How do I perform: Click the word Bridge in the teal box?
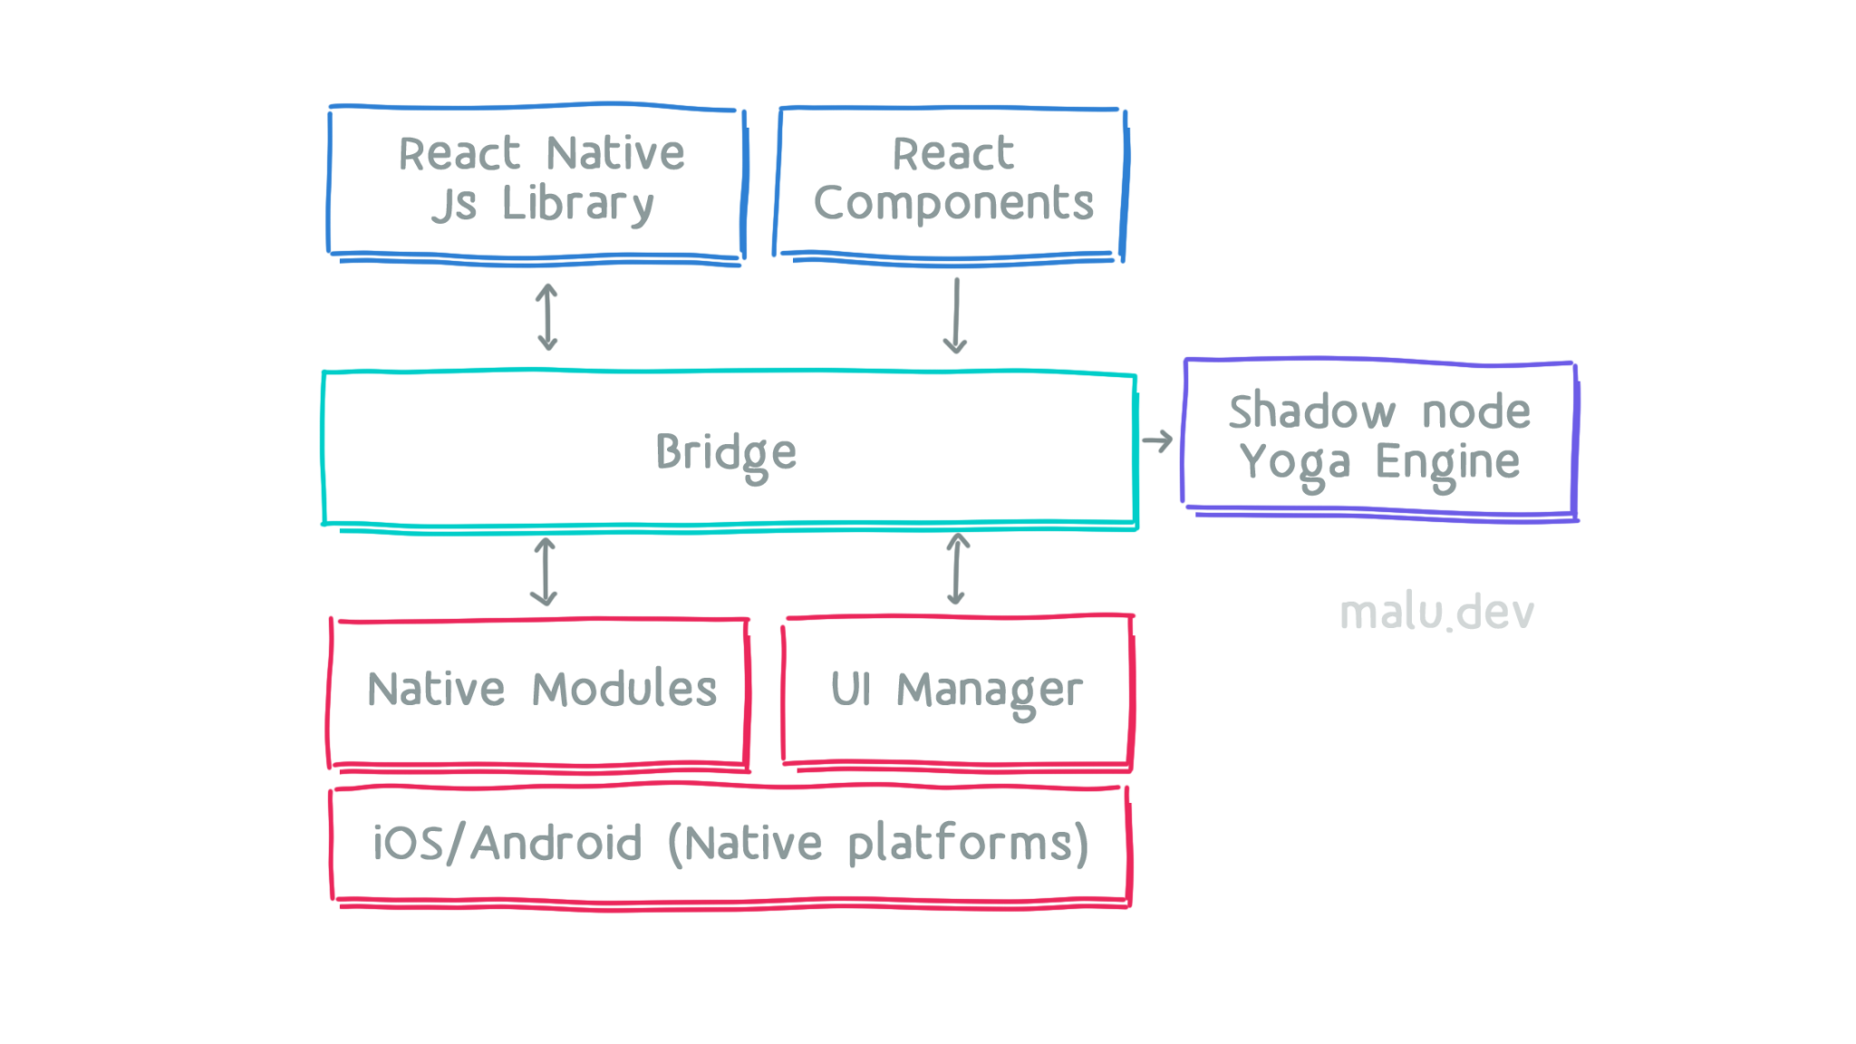tap(726, 452)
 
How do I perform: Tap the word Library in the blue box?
tap(577, 204)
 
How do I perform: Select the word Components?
tap(953, 204)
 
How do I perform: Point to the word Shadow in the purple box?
tap(1311, 411)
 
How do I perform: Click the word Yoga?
tap(1295, 463)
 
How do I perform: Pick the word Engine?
tap(1447, 463)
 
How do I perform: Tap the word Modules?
tap(623, 690)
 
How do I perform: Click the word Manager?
tap(990, 691)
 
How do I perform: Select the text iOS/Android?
tap(507, 844)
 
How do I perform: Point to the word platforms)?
tap(968, 845)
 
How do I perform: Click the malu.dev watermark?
tap(1437, 614)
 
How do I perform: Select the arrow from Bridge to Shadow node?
tap(1157, 441)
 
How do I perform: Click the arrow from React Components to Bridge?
tap(955, 316)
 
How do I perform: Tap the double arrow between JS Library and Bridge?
tap(547, 316)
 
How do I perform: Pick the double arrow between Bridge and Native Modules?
tap(544, 571)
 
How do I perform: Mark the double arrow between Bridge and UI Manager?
tap(957, 569)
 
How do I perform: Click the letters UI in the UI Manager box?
tap(850, 690)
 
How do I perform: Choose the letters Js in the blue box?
tap(454, 204)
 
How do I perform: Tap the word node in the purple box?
tap(1475, 411)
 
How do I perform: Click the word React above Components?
tap(953, 153)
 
